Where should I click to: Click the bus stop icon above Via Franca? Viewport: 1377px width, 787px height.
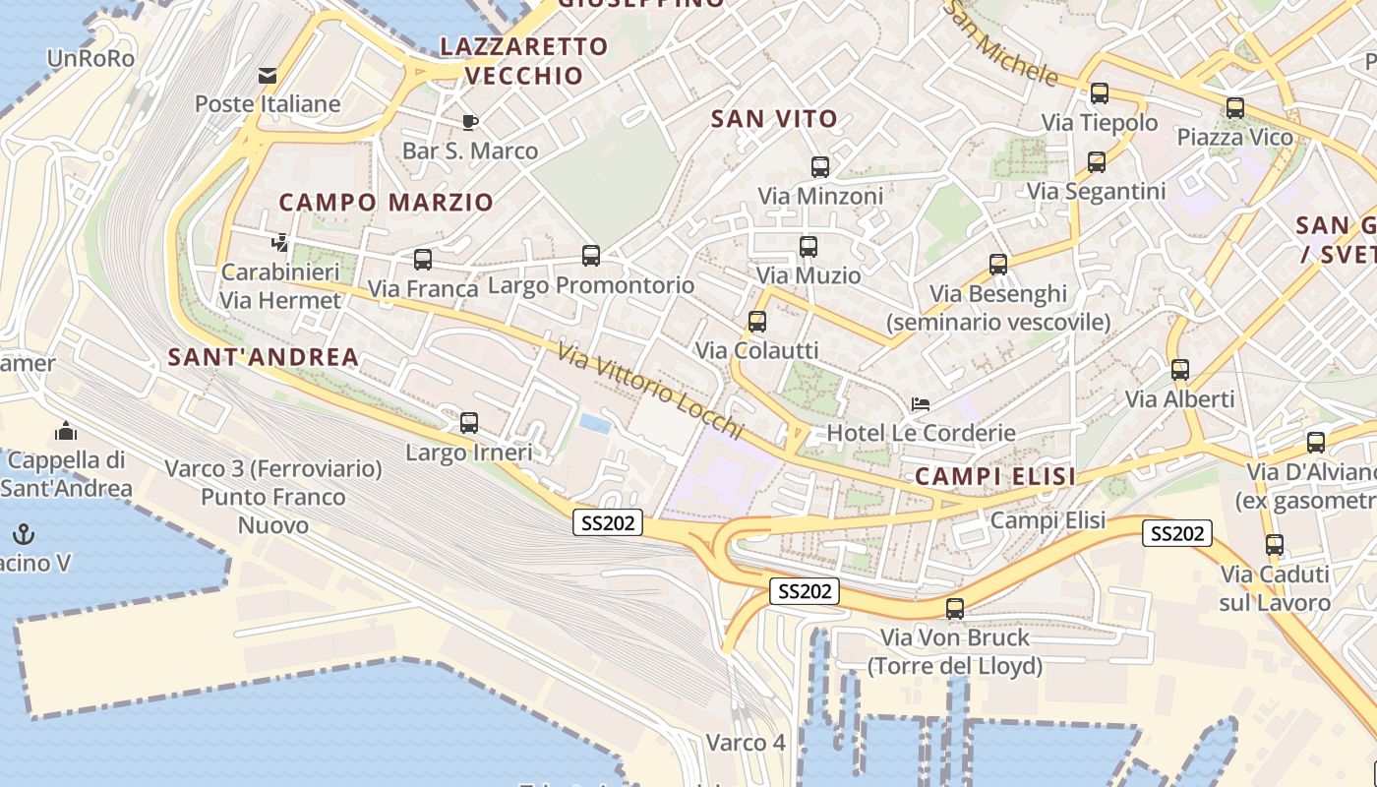tap(423, 260)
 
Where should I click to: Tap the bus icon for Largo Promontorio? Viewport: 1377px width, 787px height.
tap(591, 256)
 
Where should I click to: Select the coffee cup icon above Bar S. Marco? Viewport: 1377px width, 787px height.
tap(470, 122)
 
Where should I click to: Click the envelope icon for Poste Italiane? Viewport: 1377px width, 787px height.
tap(268, 76)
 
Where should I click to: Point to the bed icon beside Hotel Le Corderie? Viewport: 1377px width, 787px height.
tap(921, 403)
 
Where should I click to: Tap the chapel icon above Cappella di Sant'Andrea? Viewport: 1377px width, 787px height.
tap(66, 431)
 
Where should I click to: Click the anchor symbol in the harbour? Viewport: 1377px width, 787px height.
tap(24, 534)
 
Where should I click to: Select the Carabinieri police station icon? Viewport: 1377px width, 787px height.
tap(279, 242)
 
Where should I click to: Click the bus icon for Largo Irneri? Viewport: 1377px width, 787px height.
tap(469, 423)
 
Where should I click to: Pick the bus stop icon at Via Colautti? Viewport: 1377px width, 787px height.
tap(756, 321)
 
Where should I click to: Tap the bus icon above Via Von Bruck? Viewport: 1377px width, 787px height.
tap(954, 608)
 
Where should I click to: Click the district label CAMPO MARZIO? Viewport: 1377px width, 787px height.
tap(386, 203)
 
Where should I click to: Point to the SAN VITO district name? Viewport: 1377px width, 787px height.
tap(774, 119)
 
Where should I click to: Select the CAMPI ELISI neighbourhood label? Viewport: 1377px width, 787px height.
tap(994, 477)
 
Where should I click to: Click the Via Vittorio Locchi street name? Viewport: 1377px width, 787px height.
tap(649, 390)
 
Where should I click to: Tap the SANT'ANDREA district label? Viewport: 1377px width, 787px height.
tap(263, 357)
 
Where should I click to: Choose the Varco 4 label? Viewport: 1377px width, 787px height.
tap(746, 743)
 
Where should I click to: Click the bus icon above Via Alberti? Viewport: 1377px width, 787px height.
tap(1179, 370)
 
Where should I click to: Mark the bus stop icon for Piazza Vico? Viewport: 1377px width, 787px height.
tap(1234, 108)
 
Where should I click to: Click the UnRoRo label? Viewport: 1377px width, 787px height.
tap(90, 58)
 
